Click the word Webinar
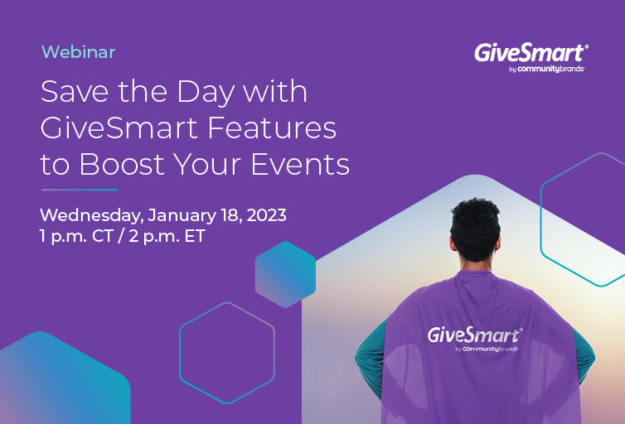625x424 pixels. coord(78,52)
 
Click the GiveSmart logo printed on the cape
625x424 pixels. coord(475,339)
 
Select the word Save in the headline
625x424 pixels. coord(74,92)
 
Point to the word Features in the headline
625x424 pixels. coord(272,128)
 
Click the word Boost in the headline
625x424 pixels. coord(122,164)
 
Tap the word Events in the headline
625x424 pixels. coord(300,164)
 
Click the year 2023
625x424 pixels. coord(266,215)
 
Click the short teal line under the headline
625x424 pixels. coord(80,190)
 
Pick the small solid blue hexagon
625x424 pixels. coord(285,274)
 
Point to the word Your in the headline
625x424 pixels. coord(208,164)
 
